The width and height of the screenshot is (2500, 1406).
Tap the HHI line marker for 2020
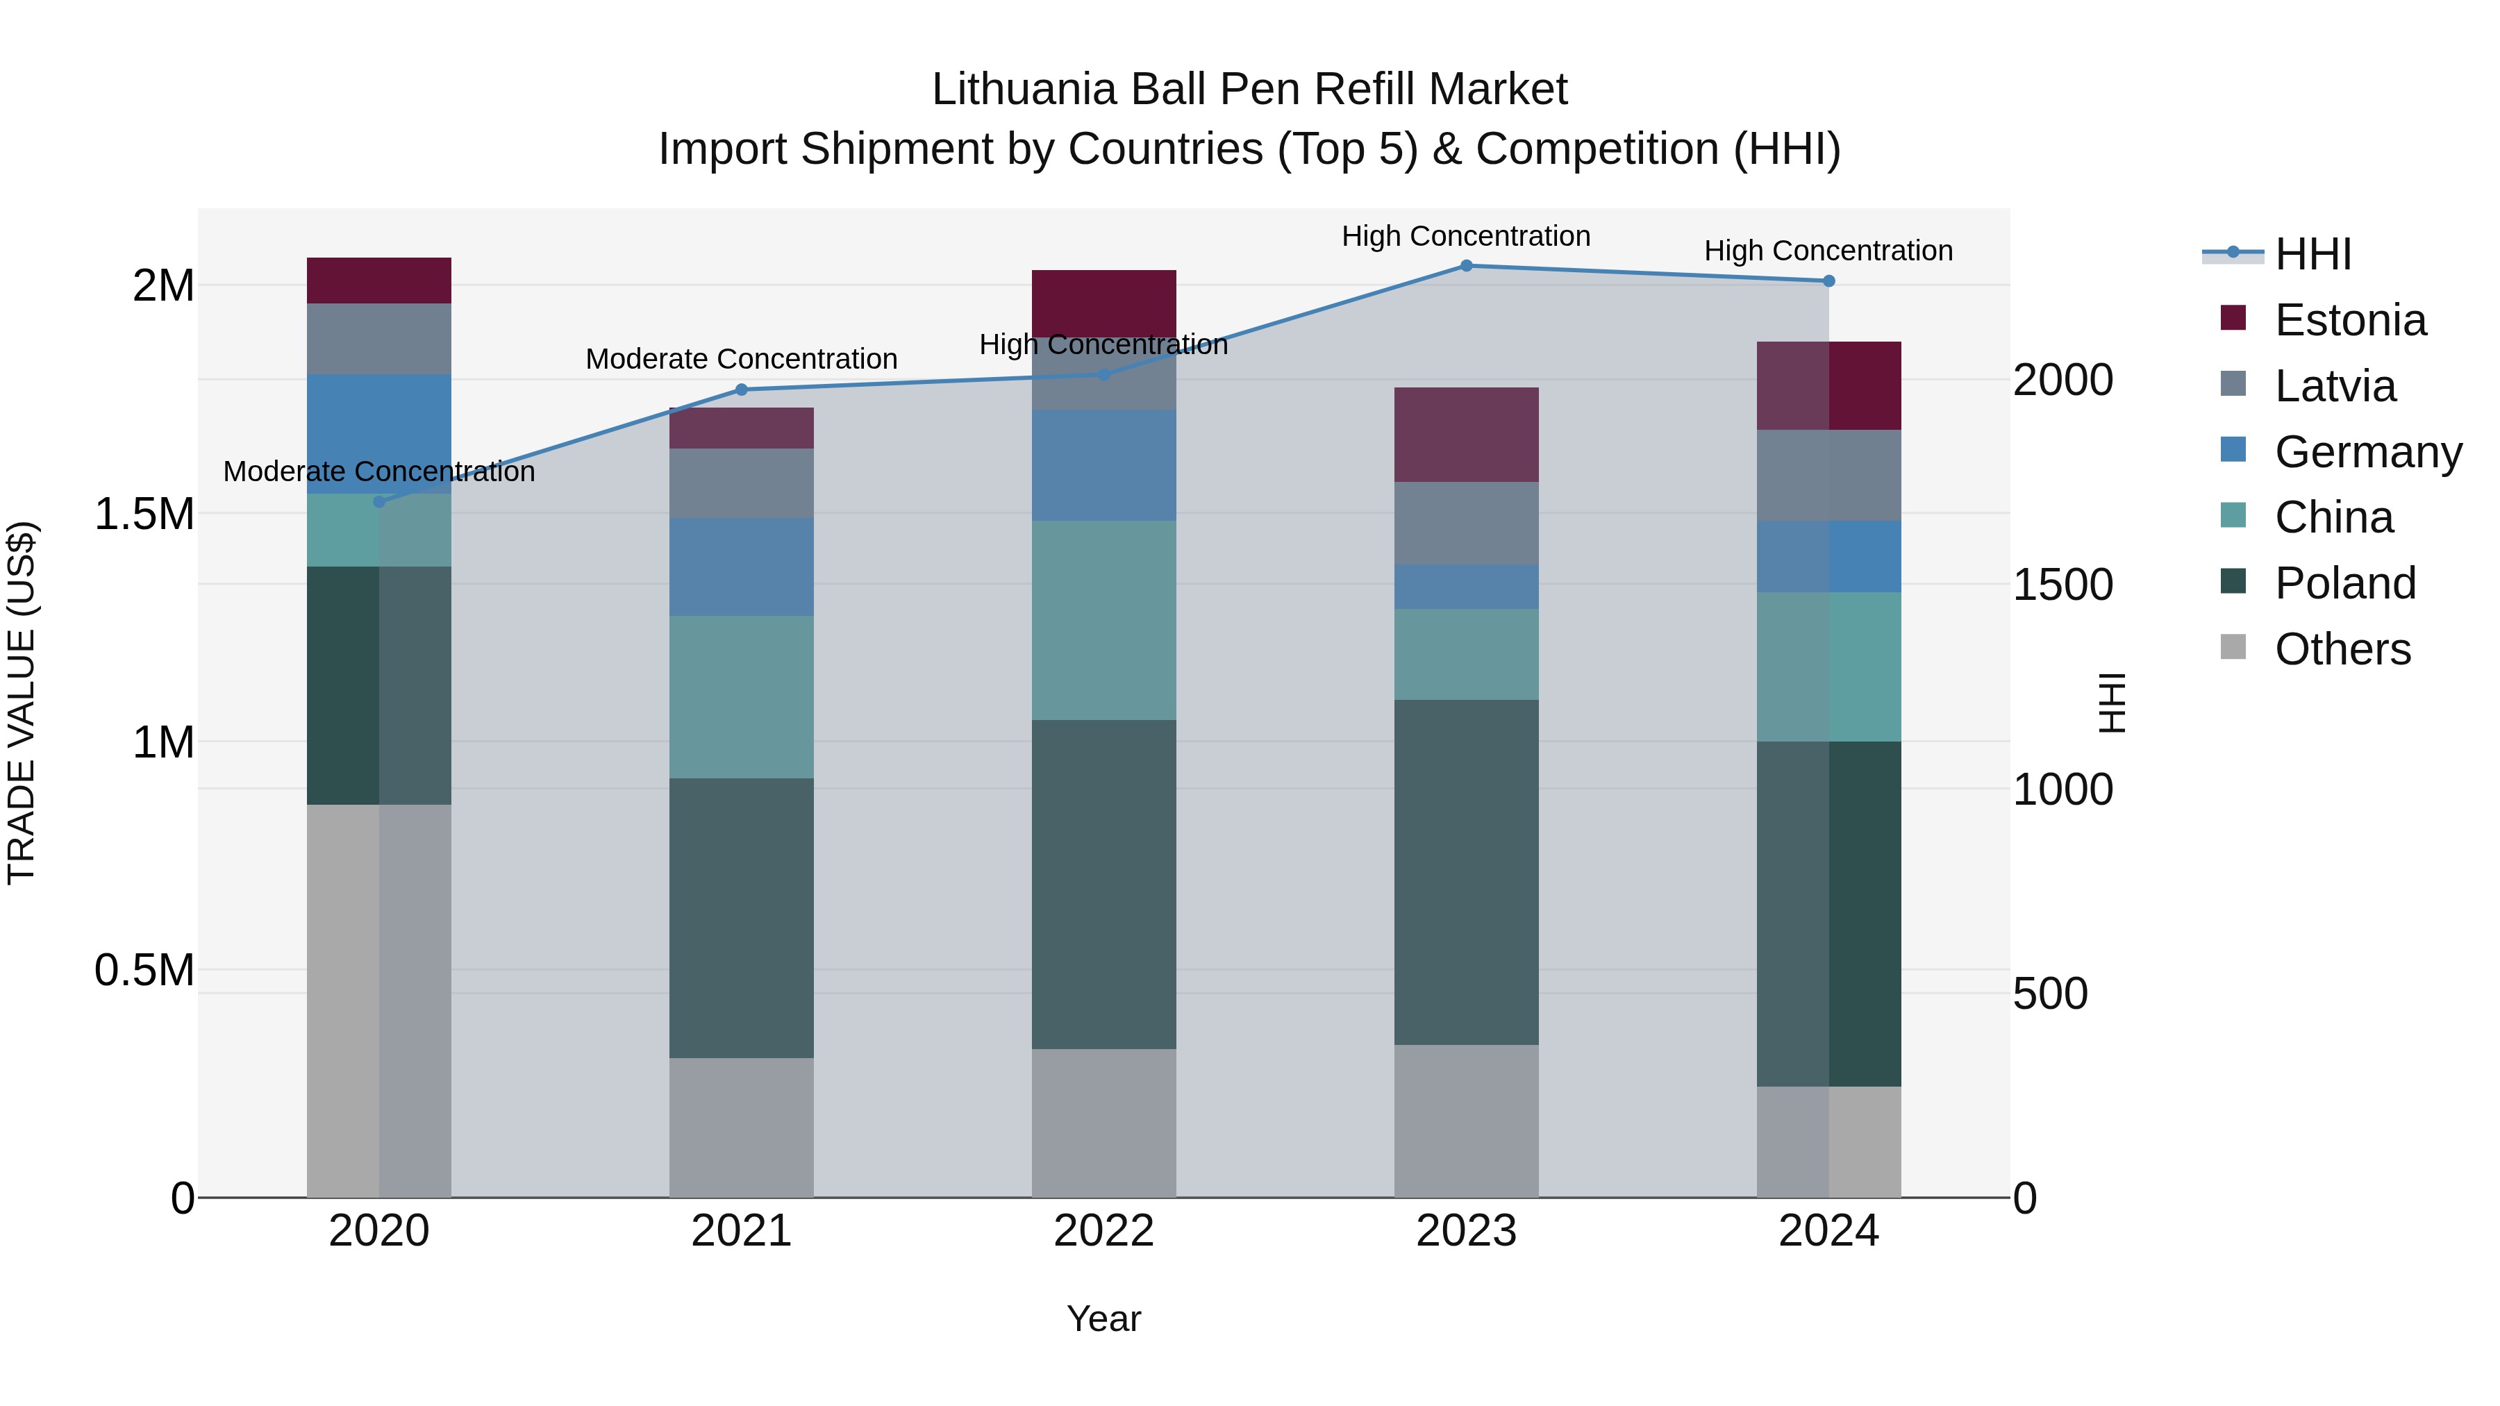pos(378,502)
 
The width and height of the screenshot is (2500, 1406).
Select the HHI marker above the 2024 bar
pos(1828,281)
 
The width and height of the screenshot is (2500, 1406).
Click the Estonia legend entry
pos(2349,320)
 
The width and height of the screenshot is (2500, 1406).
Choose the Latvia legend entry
pos(2334,386)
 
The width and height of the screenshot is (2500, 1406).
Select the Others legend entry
pos(2341,649)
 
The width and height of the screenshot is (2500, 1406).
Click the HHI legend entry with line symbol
pos(2312,254)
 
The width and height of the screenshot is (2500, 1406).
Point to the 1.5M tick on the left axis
pos(144,514)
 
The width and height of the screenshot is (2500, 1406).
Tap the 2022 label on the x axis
pos(1103,1230)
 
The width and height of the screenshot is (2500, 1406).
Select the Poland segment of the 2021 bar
pos(742,917)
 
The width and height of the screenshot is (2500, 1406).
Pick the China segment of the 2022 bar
pos(1103,619)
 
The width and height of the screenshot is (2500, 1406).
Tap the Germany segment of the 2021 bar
pos(742,566)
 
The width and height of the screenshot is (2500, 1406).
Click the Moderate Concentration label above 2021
pos(742,359)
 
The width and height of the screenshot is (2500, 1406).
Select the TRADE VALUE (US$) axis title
pos(22,703)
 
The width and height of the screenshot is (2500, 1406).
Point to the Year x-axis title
pos(1103,1319)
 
